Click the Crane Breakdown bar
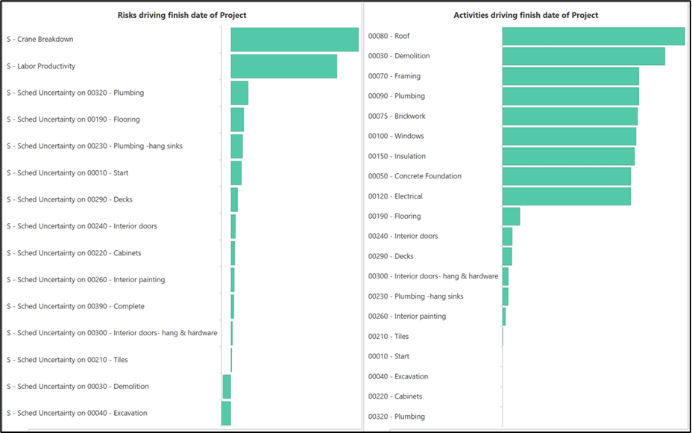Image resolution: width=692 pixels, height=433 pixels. point(295,40)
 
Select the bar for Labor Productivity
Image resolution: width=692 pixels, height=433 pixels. point(283,66)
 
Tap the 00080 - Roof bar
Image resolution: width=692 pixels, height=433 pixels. point(593,37)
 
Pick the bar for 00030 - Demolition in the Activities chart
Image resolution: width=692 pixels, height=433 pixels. point(583,57)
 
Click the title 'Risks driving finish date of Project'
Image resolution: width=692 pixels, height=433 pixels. point(182,15)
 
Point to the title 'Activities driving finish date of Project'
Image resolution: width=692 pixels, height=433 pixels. point(526,15)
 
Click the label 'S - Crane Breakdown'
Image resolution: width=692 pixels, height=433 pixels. point(40,40)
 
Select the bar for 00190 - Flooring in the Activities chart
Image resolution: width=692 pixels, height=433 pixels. point(511,216)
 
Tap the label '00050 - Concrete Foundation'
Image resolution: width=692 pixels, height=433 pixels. point(415,176)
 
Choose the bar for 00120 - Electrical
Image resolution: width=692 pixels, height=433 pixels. point(566,196)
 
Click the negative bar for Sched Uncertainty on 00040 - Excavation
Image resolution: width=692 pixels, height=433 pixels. point(226,414)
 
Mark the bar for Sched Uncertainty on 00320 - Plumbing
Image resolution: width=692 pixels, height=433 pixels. point(239,93)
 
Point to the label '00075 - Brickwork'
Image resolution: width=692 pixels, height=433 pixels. point(397,116)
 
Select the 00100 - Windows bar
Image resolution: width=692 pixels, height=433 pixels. point(569,137)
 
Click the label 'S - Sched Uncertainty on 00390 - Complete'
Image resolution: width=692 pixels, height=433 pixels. point(75,307)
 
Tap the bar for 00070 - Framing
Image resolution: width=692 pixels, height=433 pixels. point(570,76)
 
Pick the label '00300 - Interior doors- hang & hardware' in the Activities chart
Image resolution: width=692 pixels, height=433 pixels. point(432,276)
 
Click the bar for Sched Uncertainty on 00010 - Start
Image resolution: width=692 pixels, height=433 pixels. point(236,173)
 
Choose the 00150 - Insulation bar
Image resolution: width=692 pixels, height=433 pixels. point(568,157)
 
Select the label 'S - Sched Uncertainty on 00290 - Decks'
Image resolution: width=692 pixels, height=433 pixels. point(69,200)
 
